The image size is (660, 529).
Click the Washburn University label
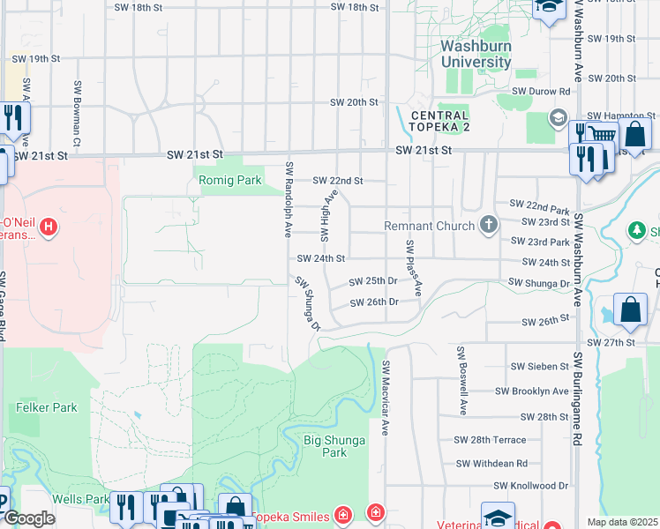click(x=476, y=54)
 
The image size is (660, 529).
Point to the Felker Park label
click(x=47, y=407)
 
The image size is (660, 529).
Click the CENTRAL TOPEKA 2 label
click(x=439, y=122)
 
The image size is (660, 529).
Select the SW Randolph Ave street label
click(x=289, y=200)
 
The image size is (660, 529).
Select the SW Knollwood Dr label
click(x=530, y=486)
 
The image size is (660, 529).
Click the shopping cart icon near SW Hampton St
click(x=602, y=135)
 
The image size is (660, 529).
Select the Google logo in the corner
click(x=30, y=518)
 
